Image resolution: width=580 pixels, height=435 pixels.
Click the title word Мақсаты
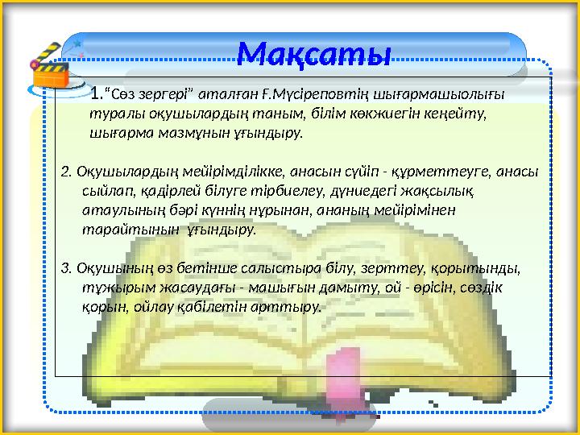point(315,54)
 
